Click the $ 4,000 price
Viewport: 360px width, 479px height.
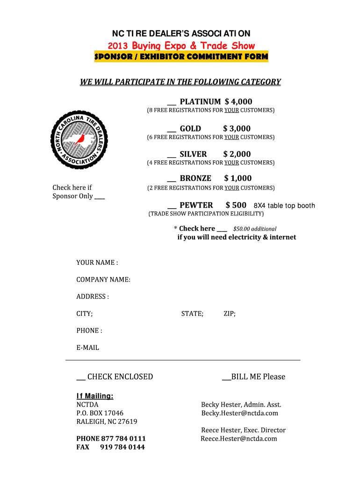pyautogui.click(x=238, y=102)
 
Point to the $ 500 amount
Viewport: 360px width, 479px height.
pyautogui.click(x=236, y=205)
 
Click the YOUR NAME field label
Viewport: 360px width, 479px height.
pyautogui.click(x=97, y=262)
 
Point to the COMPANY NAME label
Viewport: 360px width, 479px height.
pyautogui.click(x=103, y=280)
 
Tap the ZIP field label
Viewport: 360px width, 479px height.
pyautogui.click(x=230, y=313)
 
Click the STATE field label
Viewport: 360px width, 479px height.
pyautogui.click(x=192, y=313)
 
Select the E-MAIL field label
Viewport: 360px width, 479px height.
pyautogui.click(x=88, y=348)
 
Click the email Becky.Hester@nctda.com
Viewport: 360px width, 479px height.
pyautogui.click(x=239, y=413)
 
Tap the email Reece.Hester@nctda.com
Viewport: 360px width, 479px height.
pyautogui.click(x=239, y=438)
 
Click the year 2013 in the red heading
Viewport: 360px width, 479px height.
pyautogui.click(x=118, y=45)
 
